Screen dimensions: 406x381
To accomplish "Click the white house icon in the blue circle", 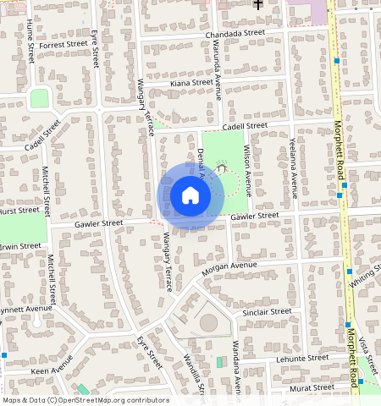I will point(190,196).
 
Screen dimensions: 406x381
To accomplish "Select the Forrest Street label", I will point(63,44).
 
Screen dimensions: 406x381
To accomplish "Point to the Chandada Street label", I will point(235,34).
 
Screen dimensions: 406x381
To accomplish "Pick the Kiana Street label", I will point(190,83).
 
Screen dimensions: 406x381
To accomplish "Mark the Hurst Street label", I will point(19,210).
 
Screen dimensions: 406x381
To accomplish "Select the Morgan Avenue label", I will point(229,269).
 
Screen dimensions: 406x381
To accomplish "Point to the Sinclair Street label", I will point(267,312).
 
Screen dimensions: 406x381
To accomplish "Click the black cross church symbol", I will point(257,4).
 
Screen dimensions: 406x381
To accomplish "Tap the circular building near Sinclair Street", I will point(208,322).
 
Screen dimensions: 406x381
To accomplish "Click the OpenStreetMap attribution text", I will point(86,400).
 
